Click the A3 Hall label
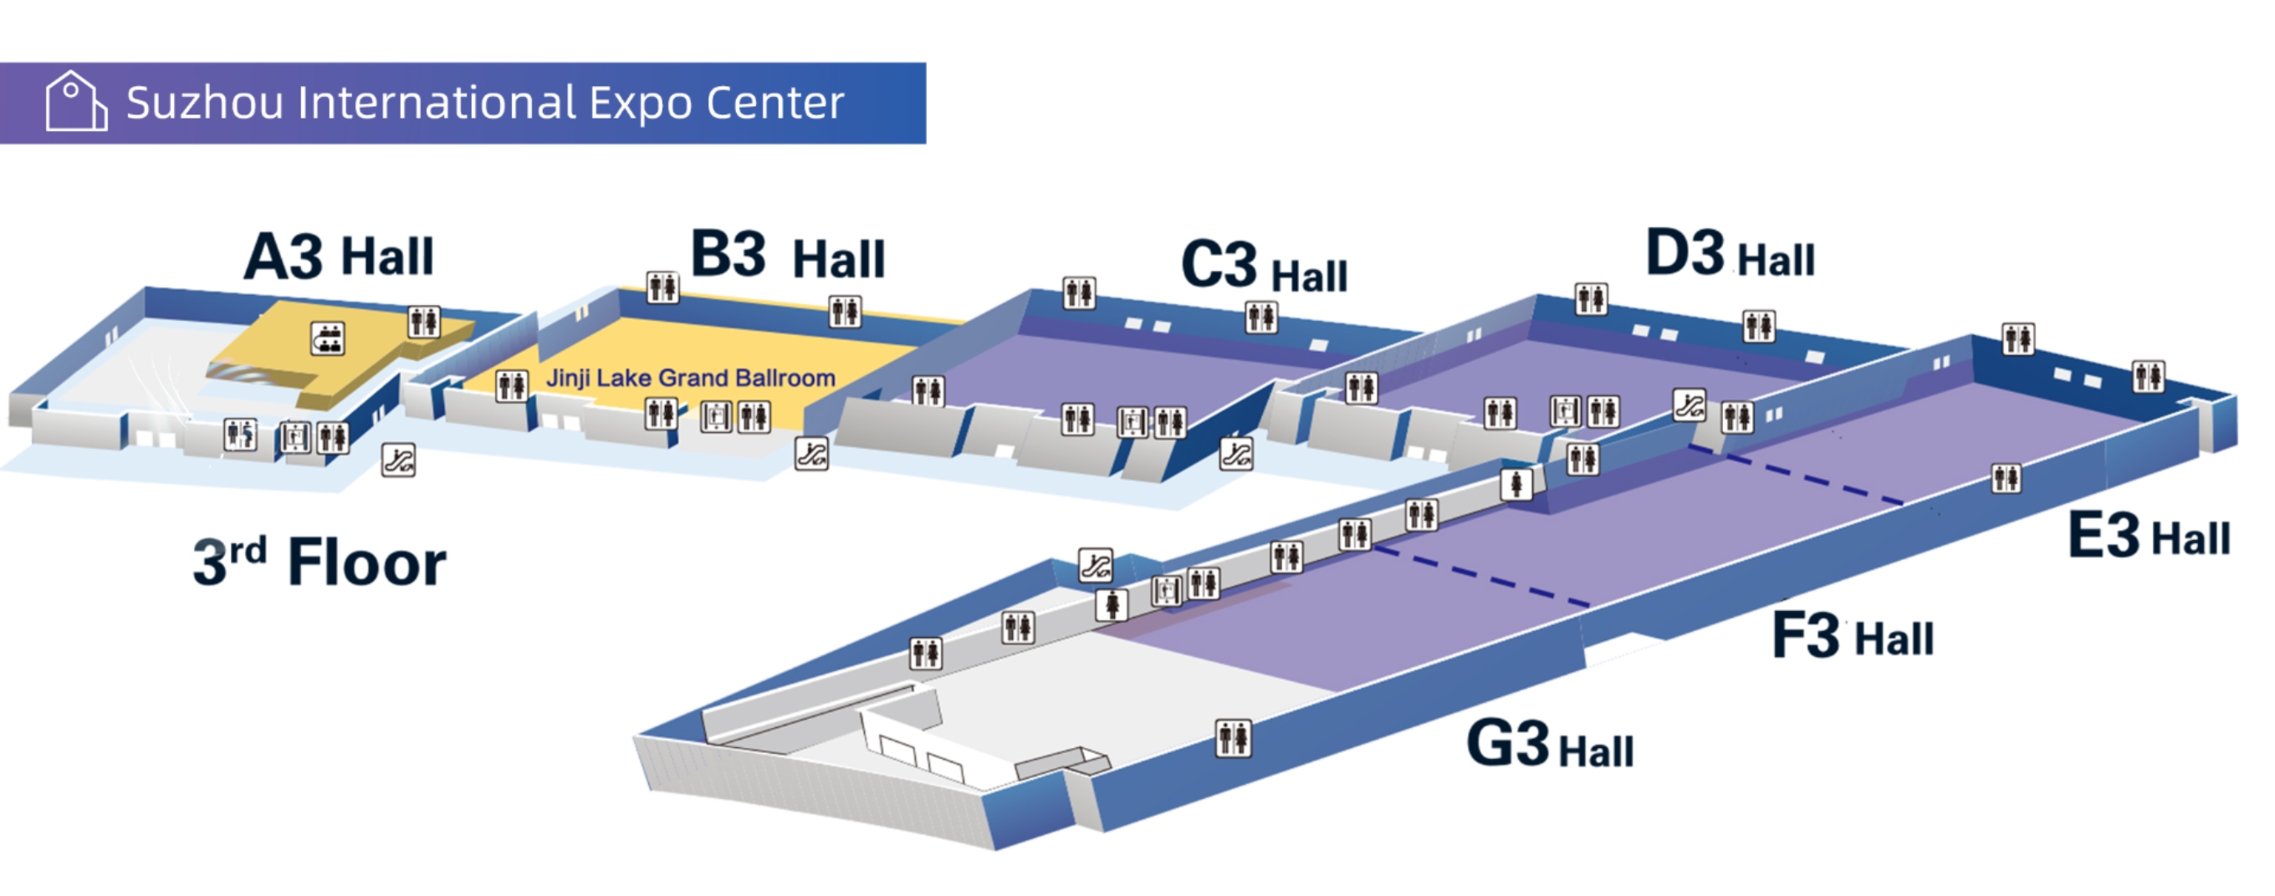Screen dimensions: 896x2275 338,257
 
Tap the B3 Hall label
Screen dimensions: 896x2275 787,255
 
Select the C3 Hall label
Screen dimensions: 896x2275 1264,267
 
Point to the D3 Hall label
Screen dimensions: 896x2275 1729,254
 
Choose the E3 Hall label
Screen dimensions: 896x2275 2148,536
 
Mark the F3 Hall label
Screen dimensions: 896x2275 1852,635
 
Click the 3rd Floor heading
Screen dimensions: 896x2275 320,563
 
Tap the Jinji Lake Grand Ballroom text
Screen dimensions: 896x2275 691,378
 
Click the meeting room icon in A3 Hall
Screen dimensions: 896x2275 328,339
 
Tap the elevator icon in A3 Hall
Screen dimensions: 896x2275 295,437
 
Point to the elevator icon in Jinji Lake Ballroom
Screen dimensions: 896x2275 715,417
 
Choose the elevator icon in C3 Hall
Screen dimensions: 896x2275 1132,423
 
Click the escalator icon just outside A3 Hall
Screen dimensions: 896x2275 398,460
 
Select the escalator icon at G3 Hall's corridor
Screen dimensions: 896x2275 1095,565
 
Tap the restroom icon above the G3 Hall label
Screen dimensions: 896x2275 1233,738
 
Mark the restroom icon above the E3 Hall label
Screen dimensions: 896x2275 2006,478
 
